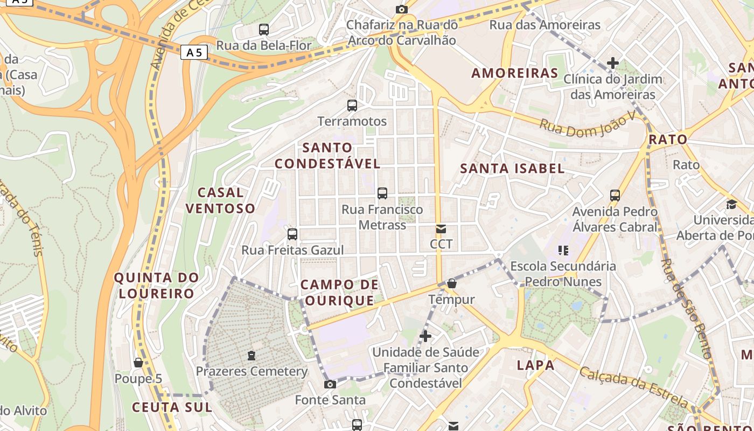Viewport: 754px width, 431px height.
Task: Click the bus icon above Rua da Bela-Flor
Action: point(264,30)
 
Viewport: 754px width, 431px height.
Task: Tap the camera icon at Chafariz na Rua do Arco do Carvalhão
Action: point(401,9)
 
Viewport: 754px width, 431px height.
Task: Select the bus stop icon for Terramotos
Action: point(352,106)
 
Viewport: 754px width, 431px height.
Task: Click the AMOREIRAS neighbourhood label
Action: point(514,73)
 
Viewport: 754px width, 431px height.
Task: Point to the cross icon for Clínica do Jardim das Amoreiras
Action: point(612,63)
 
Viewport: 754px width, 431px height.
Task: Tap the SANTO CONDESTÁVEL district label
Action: point(327,155)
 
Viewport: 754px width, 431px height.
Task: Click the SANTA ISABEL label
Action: point(512,169)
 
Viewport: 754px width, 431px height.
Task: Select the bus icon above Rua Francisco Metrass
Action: point(382,193)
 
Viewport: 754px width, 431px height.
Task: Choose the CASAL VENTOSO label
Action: point(220,200)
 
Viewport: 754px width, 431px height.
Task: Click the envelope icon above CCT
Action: point(441,229)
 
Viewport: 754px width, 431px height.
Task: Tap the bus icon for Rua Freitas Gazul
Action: point(292,234)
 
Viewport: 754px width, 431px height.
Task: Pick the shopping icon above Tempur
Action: point(451,283)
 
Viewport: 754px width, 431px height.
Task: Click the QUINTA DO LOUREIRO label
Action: point(157,286)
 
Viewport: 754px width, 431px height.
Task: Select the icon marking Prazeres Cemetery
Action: point(251,356)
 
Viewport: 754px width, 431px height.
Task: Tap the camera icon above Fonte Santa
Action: point(330,384)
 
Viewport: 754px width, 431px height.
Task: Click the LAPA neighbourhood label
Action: point(535,365)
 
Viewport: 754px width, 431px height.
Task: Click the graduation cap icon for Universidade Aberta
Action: point(731,204)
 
